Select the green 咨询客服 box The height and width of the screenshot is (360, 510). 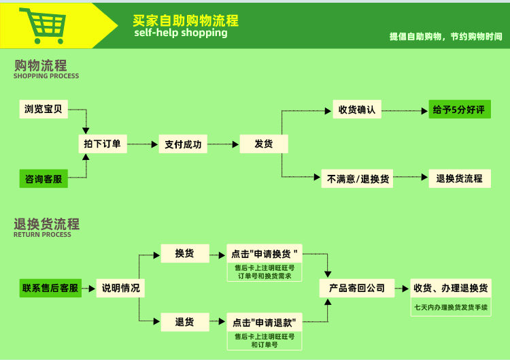[x=44, y=179]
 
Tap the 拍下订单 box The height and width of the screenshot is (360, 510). [x=102, y=144]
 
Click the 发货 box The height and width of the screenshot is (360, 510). [x=264, y=144]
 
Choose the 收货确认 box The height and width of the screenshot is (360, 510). [x=358, y=109]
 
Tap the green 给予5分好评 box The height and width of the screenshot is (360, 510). [x=460, y=109]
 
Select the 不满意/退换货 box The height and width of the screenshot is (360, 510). [x=358, y=179]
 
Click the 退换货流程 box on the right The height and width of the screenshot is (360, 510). [x=460, y=178]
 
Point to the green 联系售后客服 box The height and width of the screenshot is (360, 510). [x=50, y=288]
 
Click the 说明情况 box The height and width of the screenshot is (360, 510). [x=120, y=288]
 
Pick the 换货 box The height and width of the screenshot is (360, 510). [x=184, y=253]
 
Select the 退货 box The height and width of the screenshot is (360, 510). [x=184, y=322]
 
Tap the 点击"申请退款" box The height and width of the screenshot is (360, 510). [x=265, y=322]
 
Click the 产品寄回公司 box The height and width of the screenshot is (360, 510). [x=357, y=288]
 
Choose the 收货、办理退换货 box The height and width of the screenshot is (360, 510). [x=451, y=288]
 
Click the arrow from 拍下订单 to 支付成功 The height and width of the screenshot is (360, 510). [x=142, y=144]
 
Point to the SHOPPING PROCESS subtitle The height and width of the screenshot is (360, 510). [x=46, y=76]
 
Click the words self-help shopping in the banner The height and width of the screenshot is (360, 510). [x=181, y=33]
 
